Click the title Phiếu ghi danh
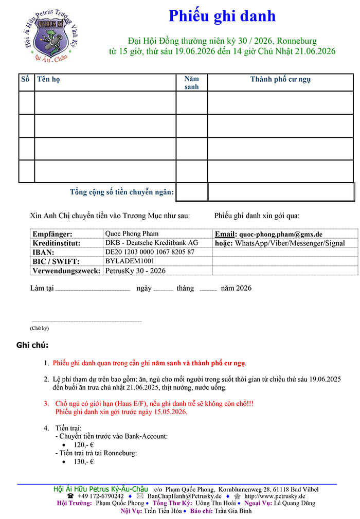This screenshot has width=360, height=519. coord(222,16)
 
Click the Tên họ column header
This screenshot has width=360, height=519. coord(45,79)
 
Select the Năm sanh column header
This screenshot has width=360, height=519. coord(191,83)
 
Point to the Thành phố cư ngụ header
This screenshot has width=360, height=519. coord(280,79)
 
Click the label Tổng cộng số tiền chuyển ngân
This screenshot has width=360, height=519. coord(122,192)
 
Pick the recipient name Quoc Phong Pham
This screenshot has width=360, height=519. coord(132,234)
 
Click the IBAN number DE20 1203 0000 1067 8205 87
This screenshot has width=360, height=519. coord(150,252)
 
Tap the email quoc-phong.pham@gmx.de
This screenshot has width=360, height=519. coord(281,234)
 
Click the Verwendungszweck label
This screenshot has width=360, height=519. coord(66,271)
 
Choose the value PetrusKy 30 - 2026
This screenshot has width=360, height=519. coord(135,271)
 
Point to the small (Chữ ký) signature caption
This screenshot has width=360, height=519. coord(39,328)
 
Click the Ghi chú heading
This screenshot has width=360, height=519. coord(32,345)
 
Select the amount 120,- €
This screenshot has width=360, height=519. coord(83,445)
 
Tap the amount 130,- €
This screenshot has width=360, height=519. coord(83,462)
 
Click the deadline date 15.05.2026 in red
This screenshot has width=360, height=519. coord(168,411)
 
